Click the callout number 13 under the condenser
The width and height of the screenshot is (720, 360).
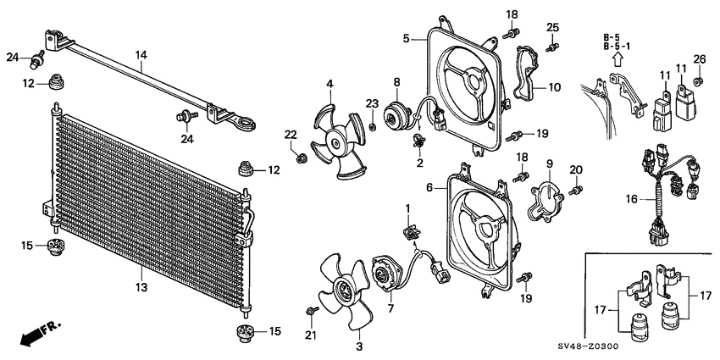[141, 288]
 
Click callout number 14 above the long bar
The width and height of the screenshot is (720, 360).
[141, 56]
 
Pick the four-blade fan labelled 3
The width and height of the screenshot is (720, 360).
[345, 292]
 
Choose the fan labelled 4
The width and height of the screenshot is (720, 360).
[337, 141]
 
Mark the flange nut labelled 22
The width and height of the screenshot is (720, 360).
[302, 159]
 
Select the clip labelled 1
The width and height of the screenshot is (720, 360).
[409, 232]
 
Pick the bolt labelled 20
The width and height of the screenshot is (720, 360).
[576, 190]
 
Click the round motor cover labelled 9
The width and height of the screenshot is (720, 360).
[546, 202]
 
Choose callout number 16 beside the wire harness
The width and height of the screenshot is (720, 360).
[632, 199]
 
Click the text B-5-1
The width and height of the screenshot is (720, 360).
[618, 46]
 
